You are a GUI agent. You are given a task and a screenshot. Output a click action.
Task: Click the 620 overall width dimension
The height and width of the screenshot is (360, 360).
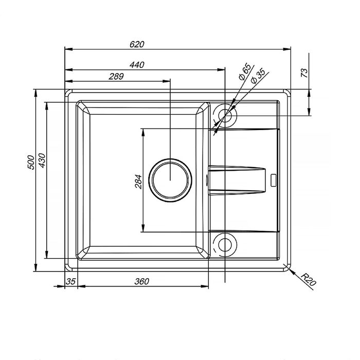[x=137, y=44]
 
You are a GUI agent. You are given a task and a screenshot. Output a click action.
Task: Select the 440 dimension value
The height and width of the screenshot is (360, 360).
[x=137, y=65]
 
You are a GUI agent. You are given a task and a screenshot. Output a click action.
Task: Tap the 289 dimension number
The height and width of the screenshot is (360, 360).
[x=116, y=76]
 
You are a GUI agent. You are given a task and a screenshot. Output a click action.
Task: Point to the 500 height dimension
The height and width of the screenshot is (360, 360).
[x=31, y=163]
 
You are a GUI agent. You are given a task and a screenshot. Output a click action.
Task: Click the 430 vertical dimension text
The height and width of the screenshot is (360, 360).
[x=42, y=160]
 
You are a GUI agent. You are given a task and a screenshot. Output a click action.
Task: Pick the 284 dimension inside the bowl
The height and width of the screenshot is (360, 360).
[x=138, y=182]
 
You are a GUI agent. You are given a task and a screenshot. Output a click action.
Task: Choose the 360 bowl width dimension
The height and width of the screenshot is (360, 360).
[x=141, y=281]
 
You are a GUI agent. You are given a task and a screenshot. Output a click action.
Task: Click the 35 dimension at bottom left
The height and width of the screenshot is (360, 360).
[x=71, y=281]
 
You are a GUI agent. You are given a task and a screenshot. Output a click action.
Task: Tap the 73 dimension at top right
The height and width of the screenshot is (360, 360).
[x=304, y=73]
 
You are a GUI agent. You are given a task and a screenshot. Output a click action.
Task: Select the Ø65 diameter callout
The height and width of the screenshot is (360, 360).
[x=245, y=71]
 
